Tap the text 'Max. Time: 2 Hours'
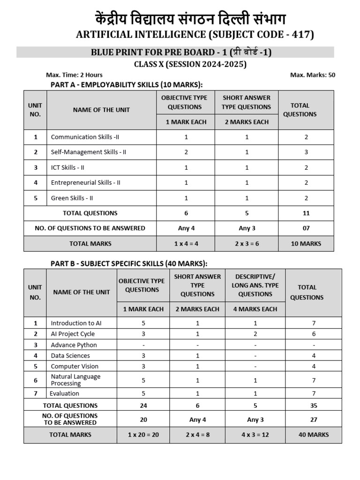point(74,75)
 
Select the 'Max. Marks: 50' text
point(313,75)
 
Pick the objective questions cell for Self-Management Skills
point(186,152)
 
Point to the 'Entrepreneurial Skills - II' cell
point(85,182)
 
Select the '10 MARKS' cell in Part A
point(306,243)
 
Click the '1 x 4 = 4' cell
point(186,243)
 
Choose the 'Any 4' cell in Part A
point(186,228)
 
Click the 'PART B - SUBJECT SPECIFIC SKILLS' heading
point(129,263)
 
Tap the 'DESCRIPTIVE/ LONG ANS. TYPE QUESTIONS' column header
point(255,285)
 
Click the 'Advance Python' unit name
point(74,345)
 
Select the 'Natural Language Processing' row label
point(75,380)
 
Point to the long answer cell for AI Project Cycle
point(255,334)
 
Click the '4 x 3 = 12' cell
point(255,435)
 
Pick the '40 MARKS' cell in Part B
point(314,435)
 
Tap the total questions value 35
point(314,405)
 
